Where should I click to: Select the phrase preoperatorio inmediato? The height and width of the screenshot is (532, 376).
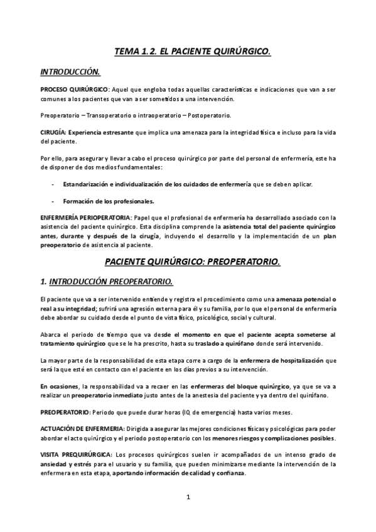coord(105,395)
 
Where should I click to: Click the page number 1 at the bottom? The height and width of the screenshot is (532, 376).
coord(188,497)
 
